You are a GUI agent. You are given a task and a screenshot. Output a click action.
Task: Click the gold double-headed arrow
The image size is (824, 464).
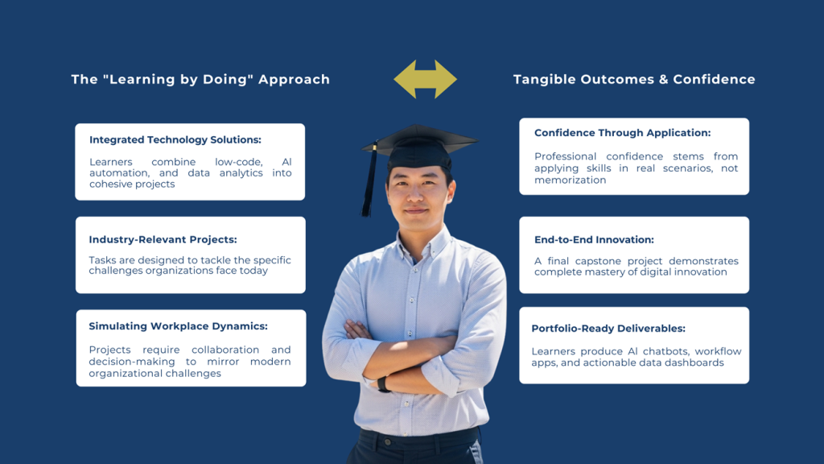coord(425,80)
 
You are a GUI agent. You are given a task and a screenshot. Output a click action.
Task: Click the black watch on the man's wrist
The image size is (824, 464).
coord(383,384)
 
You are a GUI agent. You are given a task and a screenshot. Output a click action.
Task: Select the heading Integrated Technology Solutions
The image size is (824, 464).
coord(175,140)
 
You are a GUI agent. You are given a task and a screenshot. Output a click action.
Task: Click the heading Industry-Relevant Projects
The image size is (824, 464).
coord(163,239)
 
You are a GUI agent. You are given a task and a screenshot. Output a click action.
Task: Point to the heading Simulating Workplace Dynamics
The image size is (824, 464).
coord(178,326)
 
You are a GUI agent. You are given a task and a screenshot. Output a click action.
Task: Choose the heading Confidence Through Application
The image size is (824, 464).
coord(622,133)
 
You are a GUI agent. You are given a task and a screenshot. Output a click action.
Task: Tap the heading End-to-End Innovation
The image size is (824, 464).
coord(594,240)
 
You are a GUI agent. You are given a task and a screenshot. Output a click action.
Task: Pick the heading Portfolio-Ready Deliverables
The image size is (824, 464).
coord(608,329)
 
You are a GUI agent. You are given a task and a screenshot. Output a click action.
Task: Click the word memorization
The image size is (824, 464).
coord(571,180)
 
